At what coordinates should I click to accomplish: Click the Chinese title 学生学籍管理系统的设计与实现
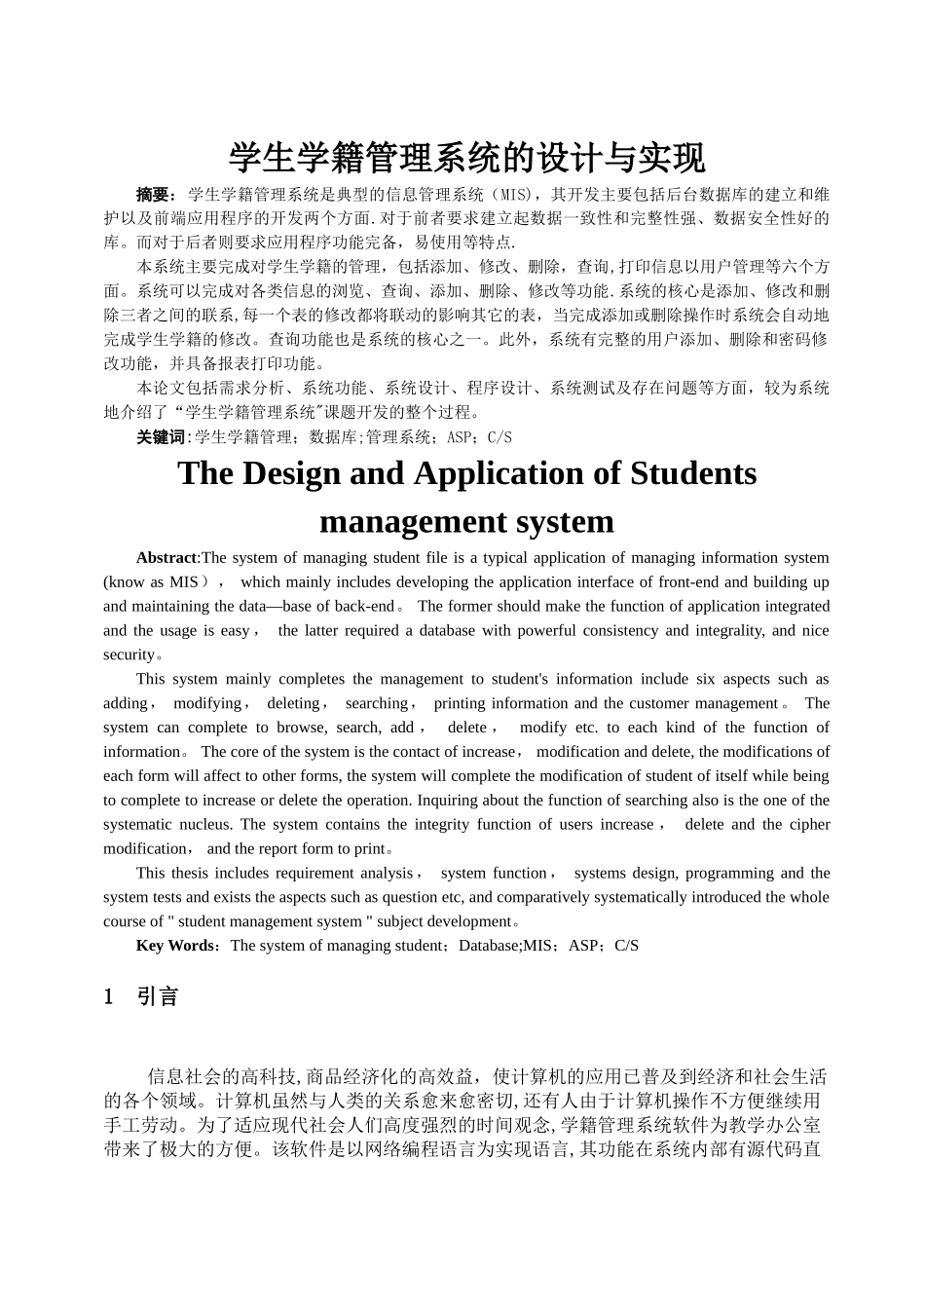[x=466, y=156]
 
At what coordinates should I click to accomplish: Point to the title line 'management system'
[x=466, y=521]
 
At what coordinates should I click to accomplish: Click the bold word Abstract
[x=166, y=558]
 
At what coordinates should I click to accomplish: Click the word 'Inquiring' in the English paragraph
[x=448, y=801]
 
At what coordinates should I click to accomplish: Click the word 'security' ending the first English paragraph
[x=129, y=655]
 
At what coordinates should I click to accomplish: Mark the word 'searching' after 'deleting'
[x=377, y=703]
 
